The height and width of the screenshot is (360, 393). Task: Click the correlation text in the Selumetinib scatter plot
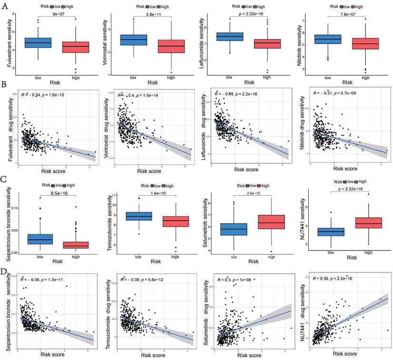[x=233, y=280]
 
